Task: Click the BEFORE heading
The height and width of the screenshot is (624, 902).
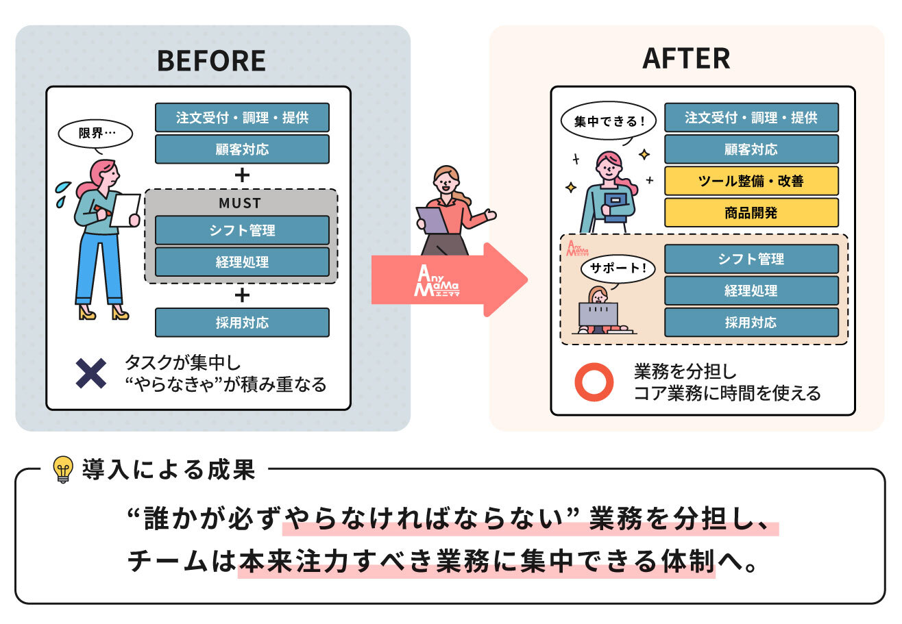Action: point(211,61)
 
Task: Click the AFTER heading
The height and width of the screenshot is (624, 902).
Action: point(686,59)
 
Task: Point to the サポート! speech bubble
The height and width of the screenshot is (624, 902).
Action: point(614,268)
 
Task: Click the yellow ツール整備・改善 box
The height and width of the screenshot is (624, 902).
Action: point(751,181)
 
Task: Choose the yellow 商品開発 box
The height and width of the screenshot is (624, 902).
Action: point(751,212)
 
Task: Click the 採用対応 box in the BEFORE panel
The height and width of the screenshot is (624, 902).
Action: point(242,322)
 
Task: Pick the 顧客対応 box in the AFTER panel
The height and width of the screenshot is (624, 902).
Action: point(751,149)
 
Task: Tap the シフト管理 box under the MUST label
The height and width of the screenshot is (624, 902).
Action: point(242,230)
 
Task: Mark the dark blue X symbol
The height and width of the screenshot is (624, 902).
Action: point(90,373)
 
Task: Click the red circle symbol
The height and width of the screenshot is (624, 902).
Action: point(593,382)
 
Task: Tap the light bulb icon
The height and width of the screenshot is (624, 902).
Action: point(63,470)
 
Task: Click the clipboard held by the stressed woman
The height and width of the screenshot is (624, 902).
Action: point(125,210)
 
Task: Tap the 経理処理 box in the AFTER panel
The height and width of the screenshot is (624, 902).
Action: point(751,290)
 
